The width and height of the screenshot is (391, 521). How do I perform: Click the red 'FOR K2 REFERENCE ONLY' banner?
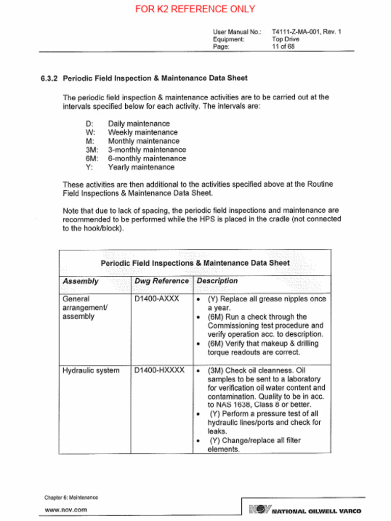[195, 9]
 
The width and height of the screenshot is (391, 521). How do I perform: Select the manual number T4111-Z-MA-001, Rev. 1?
[306, 32]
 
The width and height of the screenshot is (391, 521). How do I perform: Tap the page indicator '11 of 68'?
[283, 46]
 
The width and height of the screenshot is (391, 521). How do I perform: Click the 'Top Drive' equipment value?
[285, 39]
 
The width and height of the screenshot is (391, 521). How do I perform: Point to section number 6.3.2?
[49, 78]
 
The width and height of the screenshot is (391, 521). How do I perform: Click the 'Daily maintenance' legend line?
[138, 124]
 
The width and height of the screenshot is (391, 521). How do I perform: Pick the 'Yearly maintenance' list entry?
[141, 167]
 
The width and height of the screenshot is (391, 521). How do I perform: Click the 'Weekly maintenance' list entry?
[143, 132]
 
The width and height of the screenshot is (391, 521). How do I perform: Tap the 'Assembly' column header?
[80, 281]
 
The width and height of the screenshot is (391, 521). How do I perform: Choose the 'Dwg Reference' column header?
[161, 281]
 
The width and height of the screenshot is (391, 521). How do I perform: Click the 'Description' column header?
[217, 281]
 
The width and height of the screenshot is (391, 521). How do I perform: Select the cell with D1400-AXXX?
[157, 299]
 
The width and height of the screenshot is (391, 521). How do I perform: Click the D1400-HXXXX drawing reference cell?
[159, 370]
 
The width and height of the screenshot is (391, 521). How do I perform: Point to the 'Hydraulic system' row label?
[91, 370]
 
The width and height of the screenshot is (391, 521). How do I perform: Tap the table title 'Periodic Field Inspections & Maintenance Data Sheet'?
[195, 263]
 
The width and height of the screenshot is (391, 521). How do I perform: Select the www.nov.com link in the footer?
[66, 509]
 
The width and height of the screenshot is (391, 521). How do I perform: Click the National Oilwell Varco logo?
[305, 510]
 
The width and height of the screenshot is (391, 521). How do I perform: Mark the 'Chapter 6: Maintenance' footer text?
[71, 497]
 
